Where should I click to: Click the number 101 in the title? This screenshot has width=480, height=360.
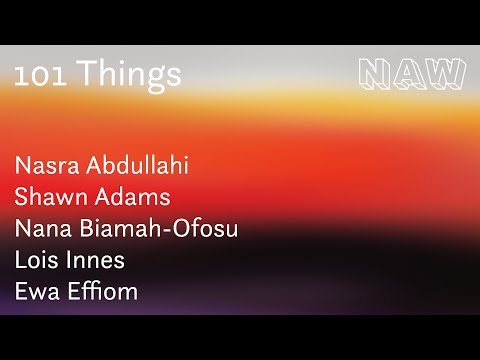point(40,74)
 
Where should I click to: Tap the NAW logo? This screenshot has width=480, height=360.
point(411,73)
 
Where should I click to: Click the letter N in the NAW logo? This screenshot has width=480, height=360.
point(375,73)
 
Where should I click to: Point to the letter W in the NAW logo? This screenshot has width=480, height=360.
point(446,73)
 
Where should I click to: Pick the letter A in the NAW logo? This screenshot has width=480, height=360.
point(410,73)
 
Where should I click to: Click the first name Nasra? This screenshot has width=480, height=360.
point(47,165)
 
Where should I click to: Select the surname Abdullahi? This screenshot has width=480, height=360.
point(138,165)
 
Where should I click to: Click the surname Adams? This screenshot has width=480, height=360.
point(134,197)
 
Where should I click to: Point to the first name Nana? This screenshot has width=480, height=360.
point(44,229)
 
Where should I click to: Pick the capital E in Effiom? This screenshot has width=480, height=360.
point(77,293)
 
